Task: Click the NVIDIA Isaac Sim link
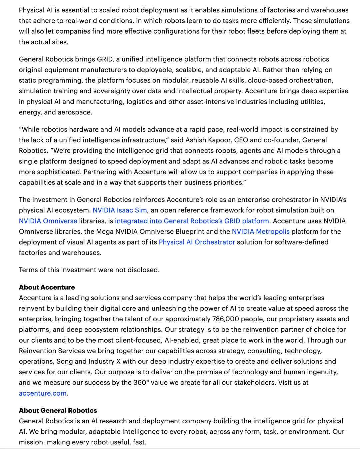(120, 210)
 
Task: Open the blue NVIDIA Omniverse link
(48, 221)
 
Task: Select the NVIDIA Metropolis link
(261, 232)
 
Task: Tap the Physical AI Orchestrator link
(197, 242)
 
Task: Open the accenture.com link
(43, 393)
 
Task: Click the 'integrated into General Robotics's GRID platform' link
(192, 221)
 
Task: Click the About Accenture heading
(47, 287)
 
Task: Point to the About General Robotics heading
(58, 410)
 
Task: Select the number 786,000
(225, 319)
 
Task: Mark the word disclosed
(144, 270)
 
